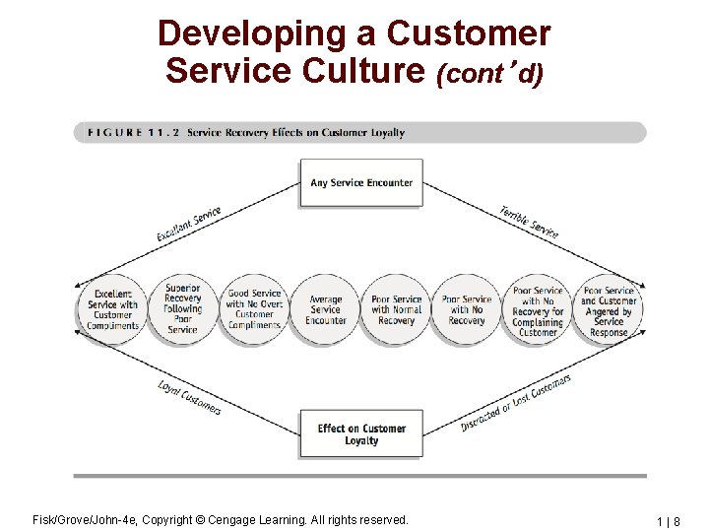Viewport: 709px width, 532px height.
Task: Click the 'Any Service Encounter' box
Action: coord(361,183)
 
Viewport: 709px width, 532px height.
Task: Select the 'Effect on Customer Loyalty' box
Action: coord(361,434)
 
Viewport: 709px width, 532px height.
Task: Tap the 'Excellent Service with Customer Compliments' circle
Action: coord(113,309)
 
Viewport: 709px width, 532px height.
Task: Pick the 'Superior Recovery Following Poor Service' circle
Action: coord(183,309)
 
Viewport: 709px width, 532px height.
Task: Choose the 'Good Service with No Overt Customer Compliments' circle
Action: coord(254,309)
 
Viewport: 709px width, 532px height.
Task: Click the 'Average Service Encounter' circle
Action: coord(325,309)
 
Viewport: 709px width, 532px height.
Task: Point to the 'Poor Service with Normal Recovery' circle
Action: coord(397,309)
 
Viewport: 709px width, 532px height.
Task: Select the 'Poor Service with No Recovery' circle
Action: coord(467,309)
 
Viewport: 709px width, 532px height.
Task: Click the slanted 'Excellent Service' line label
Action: coord(189,225)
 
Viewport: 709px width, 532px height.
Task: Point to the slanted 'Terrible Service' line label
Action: coord(529,223)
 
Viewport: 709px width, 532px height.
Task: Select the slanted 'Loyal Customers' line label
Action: coord(189,396)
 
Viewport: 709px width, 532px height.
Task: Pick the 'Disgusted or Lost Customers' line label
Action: coord(516,403)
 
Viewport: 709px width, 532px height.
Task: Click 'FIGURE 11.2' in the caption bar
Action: coord(129,133)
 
